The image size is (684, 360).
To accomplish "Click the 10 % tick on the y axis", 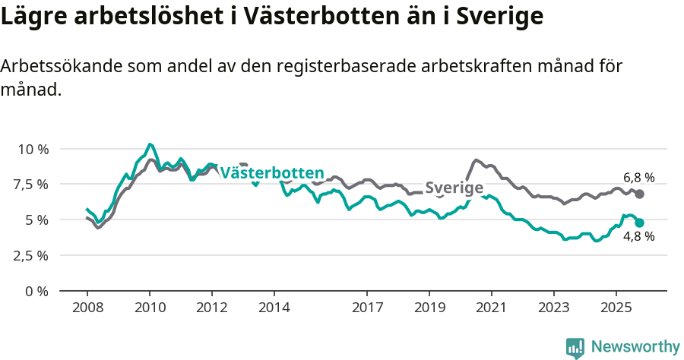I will pos(32,149).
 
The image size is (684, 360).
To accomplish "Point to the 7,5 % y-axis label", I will pos(32,184).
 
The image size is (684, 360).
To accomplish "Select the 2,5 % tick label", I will pos(32,255).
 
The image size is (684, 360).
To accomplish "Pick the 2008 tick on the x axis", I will pos(87,309).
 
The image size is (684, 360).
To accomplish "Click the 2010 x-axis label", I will pos(150,309).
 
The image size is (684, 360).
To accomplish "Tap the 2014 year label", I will pos(274,309).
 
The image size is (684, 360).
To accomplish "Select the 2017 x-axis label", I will pos(367,309).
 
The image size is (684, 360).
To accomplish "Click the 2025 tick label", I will pos(616,309).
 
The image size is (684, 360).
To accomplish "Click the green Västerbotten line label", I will pos(272,173).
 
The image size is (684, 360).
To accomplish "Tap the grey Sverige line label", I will pos(454,188).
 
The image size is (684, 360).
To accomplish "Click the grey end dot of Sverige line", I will pos(640,194).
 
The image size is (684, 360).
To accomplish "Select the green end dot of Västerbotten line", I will pos(640,223).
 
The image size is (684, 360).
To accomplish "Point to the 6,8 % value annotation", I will pos(638,178).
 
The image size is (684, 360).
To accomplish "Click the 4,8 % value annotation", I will pos(638,237).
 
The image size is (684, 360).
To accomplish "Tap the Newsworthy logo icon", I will pos(575,348).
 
